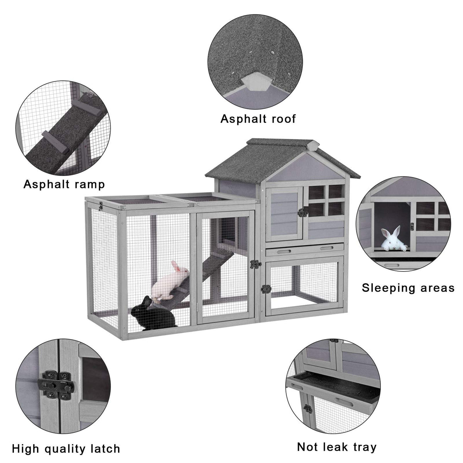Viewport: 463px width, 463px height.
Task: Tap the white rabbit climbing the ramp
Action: coord(170,281)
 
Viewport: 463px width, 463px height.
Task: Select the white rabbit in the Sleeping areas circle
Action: coord(393,238)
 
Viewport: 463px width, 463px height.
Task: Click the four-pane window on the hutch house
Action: coord(324,200)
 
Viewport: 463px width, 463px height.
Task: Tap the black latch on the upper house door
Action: coord(303,212)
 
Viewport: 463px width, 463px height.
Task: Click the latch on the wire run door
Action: coord(256,264)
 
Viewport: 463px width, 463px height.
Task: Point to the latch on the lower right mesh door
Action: coord(266,289)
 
